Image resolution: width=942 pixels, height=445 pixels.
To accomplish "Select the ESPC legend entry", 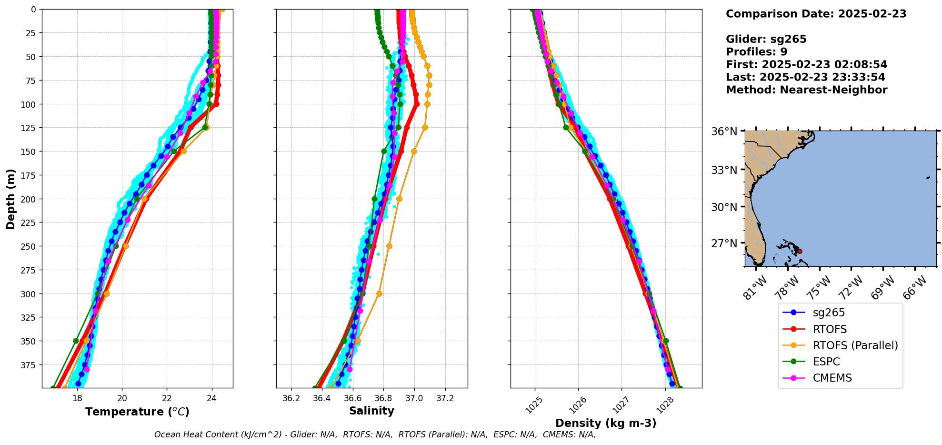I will pos(826,362).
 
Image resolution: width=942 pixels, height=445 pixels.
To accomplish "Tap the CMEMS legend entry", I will pos(832,378).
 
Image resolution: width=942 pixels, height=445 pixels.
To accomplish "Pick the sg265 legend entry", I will pos(828,313).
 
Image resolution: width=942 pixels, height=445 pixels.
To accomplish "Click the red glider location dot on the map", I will pos(800,251).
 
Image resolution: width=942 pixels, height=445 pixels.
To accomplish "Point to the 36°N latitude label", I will pos(724,131).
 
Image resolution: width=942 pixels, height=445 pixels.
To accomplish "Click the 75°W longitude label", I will pos(821,287).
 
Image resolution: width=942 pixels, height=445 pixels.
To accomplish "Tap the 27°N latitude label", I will pos(724,243).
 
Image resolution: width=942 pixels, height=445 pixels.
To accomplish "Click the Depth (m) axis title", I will pos(10,199).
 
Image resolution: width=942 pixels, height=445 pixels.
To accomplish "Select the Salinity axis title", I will pos(371,411).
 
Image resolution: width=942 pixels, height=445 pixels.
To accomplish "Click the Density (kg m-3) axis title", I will pos(606,423).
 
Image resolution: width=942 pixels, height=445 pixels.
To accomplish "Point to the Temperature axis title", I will pos(137,412).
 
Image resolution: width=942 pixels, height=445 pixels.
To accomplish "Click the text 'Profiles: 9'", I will pos(756,52).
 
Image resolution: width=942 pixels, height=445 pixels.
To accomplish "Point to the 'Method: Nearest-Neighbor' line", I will pos(806,90).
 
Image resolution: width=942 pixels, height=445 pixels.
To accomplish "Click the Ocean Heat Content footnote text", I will pos(375,435).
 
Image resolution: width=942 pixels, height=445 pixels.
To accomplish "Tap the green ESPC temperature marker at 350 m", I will pos(76,341).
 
